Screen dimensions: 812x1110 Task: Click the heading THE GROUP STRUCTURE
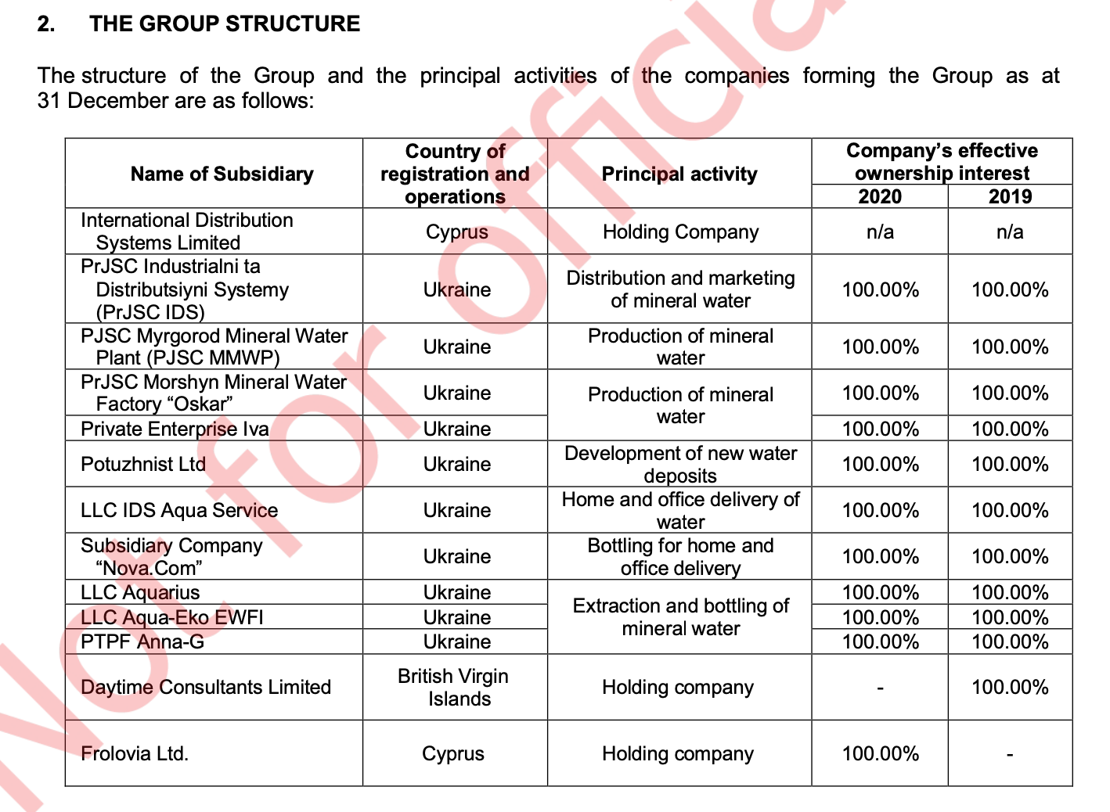(225, 23)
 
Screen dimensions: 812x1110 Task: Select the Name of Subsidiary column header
(222, 174)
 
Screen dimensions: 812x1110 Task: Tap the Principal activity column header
(679, 174)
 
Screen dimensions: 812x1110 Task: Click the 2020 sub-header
(880, 196)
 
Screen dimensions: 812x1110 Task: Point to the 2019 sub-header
(1010, 196)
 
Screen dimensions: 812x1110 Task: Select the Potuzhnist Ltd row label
(143, 464)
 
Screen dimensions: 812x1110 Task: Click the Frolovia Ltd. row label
(135, 753)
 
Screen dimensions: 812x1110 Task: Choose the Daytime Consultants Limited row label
(206, 687)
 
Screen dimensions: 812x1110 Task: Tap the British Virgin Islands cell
(454, 687)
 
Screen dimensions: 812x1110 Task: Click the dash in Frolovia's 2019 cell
(1010, 755)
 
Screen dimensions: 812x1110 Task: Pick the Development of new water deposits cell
(680, 464)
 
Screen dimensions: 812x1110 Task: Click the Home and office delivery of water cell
(680, 510)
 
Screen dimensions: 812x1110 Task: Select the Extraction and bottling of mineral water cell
(680, 616)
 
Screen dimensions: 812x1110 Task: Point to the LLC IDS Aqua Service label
(179, 510)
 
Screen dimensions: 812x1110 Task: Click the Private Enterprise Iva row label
(175, 429)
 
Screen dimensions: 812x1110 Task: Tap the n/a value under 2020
(880, 232)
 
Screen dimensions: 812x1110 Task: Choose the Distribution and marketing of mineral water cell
(680, 289)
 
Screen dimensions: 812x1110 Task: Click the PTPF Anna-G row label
(142, 641)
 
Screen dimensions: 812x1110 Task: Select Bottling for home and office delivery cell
(680, 556)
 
